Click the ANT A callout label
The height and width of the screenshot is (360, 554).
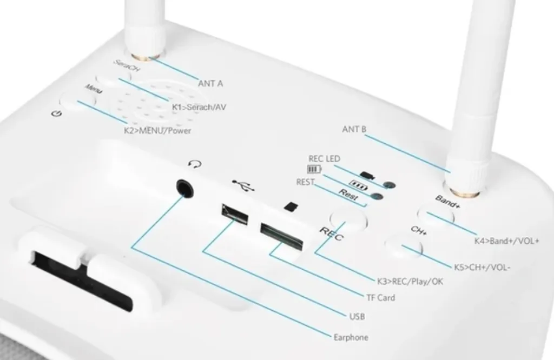[x=210, y=84]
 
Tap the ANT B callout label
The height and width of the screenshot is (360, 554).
[x=355, y=130]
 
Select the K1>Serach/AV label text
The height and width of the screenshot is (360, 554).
[x=199, y=108]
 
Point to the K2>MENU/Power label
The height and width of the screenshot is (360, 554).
[x=158, y=131]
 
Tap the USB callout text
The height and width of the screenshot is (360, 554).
[x=358, y=316]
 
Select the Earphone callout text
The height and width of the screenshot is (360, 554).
[x=351, y=338]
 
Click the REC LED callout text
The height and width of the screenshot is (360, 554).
[x=324, y=159]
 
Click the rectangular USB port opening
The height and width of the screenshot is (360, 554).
[x=234, y=214]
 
